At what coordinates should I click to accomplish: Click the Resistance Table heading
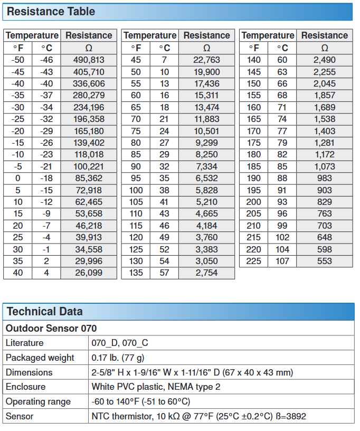[x=51, y=12]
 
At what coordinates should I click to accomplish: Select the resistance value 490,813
[x=89, y=60]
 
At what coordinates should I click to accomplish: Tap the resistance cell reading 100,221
[x=89, y=166]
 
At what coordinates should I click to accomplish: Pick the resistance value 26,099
[x=89, y=273]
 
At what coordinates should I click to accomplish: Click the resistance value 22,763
[x=206, y=60]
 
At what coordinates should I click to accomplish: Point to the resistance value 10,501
[x=206, y=131]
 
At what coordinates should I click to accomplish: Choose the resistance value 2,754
[x=206, y=273]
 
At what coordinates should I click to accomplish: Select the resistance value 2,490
[x=324, y=60]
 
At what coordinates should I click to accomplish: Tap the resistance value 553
[x=324, y=261]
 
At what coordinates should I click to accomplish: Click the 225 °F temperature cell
[x=254, y=261]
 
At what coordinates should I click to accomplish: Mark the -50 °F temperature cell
[x=18, y=60]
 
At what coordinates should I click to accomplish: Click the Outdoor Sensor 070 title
[x=51, y=329]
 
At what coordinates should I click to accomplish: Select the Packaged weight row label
[x=40, y=358]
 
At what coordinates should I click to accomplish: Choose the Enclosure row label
[x=26, y=387]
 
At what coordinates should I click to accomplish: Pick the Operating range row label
[x=38, y=401]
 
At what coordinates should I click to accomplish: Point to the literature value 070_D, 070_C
[x=120, y=343]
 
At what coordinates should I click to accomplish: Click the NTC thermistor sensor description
[x=198, y=416]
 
